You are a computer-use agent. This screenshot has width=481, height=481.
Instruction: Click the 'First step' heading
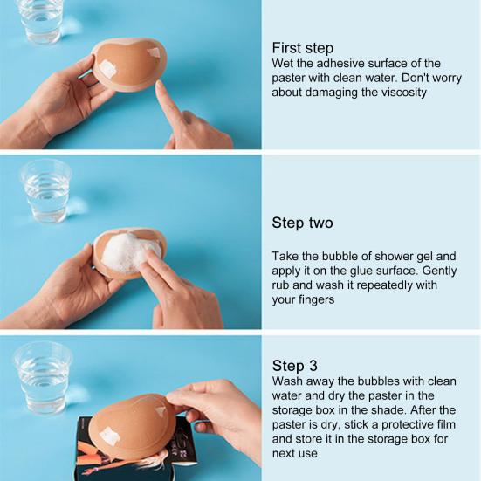point(302,48)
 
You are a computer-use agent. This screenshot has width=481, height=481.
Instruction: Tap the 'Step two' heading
point(302,223)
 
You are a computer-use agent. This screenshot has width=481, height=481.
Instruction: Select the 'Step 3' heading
point(295,366)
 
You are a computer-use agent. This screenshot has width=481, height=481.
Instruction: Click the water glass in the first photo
point(40,21)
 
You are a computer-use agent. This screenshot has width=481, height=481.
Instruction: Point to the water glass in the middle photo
point(46,191)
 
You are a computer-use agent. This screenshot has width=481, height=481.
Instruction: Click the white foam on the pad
point(130,253)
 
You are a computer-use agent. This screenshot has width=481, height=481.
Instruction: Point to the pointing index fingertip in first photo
point(160,85)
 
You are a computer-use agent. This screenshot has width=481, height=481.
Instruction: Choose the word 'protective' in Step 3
point(409,425)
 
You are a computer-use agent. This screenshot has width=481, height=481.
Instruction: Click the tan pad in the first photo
point(129,65)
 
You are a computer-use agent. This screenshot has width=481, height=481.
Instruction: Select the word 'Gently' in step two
point(439,271)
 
